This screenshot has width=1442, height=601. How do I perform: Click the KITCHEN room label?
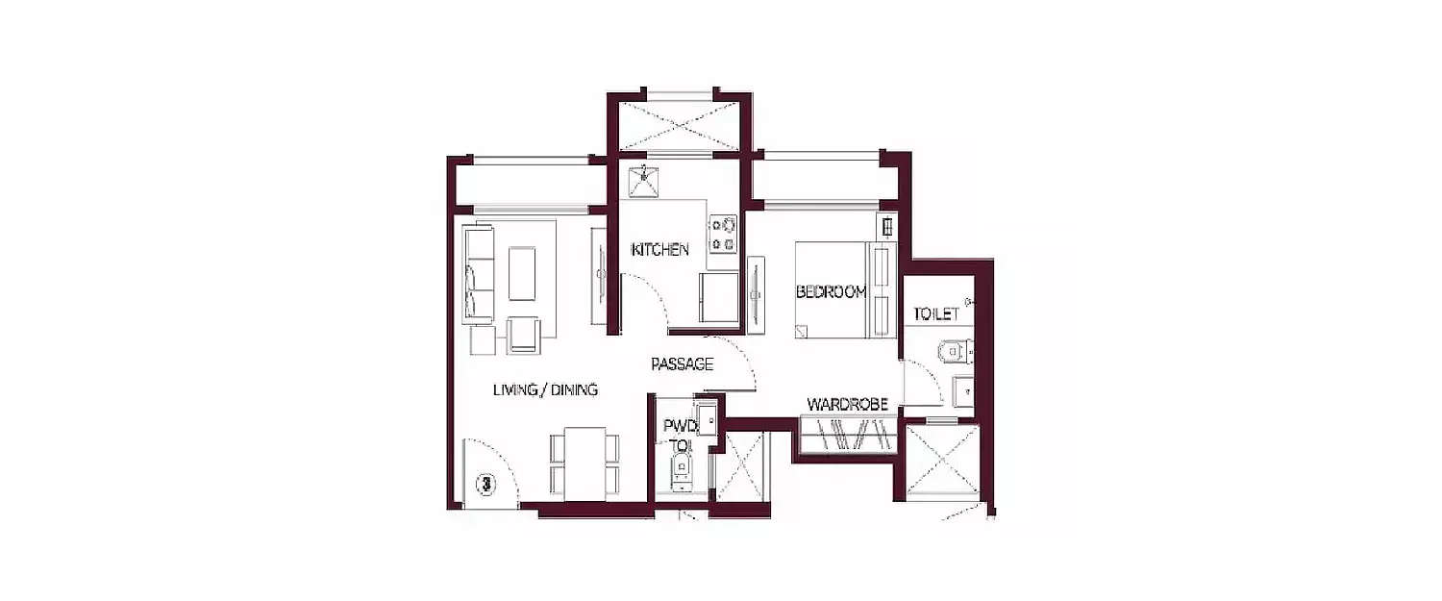(x=659, y=250)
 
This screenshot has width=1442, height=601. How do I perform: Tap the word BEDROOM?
(x=832, y=292)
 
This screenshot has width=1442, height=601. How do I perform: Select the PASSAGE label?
(x=682, y=364)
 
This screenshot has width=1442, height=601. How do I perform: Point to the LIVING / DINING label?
(x=545, y=389)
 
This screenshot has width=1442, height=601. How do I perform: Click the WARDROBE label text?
(x=846, y=404)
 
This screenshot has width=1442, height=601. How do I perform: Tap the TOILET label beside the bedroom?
(x=936, y=313)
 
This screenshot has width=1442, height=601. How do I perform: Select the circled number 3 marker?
(x=487, y=483)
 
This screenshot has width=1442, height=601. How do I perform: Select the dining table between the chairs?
(x=584, y=463)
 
